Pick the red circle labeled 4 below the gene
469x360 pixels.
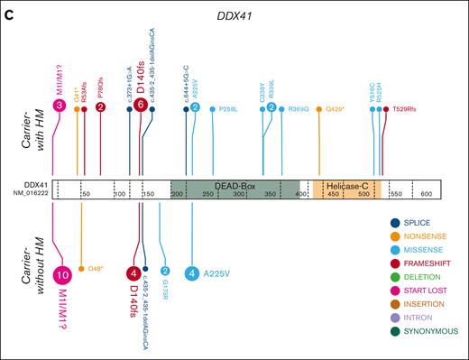point(134,273)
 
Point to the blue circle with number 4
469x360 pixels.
point(191,273)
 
